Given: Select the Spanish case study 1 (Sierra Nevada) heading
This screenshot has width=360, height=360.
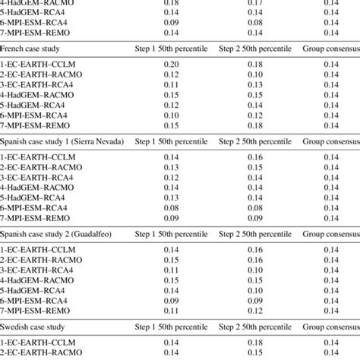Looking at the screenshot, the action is (x=65, y=143).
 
